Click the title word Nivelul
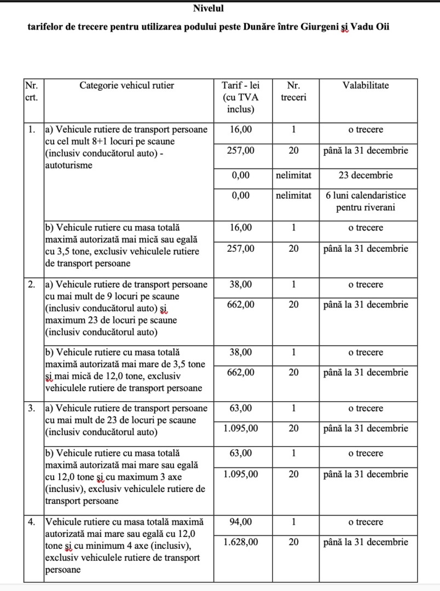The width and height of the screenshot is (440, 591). (x=209, y=8)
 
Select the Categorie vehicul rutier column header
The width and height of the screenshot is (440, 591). (x=127, y=85)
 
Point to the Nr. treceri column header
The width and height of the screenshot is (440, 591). (x=293, y=91)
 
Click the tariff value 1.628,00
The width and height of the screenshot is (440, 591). (x=241, y=542)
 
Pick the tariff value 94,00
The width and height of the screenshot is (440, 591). (x=241, y=522)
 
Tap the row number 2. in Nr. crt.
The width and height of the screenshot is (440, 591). (x=32, y=285)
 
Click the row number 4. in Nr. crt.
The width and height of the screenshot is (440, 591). (x=32, y=522)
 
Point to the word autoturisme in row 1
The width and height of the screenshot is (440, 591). (x=68, y=165)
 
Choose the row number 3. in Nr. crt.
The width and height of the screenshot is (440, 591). (x=32, y=408)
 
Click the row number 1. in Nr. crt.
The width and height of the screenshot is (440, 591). (x=32, y=130)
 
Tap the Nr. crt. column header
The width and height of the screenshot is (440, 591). (x=32, y=91)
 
